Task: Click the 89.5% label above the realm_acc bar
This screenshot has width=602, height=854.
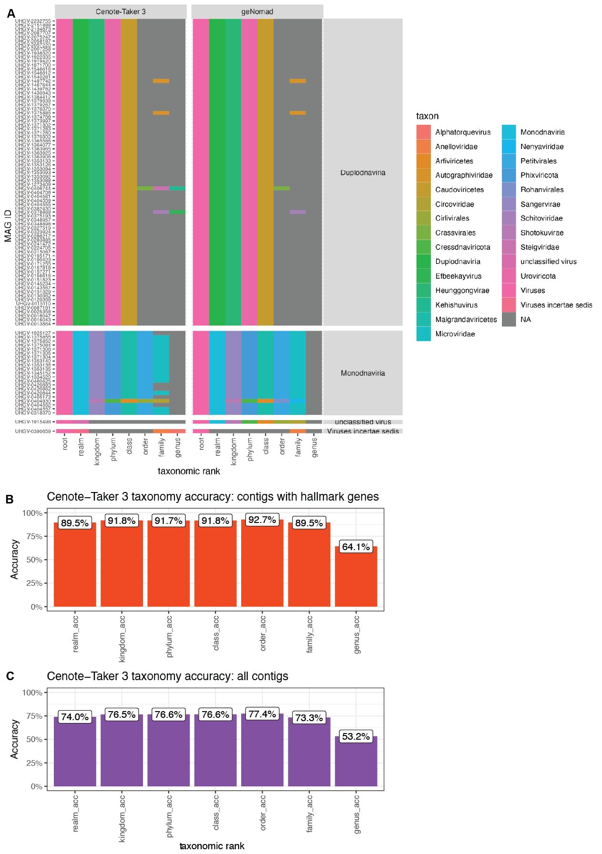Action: (75, 522)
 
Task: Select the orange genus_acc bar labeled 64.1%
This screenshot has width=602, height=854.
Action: (356, 576)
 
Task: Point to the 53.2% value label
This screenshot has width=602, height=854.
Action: (356, 736)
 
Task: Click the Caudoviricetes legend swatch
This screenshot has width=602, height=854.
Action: (423, 190)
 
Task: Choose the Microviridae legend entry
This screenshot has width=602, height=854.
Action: (455, 334)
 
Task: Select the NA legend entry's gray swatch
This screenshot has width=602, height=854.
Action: (509, 320)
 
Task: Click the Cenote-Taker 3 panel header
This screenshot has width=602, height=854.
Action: (121, 11)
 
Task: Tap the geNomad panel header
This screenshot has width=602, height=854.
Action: (257, 11)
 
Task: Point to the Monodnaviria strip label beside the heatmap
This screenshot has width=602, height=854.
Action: (363, 373)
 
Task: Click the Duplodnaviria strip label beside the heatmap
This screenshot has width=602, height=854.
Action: (363, 172)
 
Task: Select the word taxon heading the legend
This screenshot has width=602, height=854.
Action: (427, 116)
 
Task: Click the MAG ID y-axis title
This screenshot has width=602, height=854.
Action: (8, 226)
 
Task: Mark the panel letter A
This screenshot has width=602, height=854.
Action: (11, 14)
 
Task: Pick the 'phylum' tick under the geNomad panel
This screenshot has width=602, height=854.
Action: (250, 449)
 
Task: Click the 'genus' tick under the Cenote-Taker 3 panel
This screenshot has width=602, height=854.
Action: (178, 448)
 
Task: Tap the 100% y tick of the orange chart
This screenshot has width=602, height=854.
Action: (32, 513)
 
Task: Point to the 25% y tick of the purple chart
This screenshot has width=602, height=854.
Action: (33, 763)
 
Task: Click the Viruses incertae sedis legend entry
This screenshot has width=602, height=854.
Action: (556, 305)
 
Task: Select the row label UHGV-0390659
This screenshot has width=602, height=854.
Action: (33, 432)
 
